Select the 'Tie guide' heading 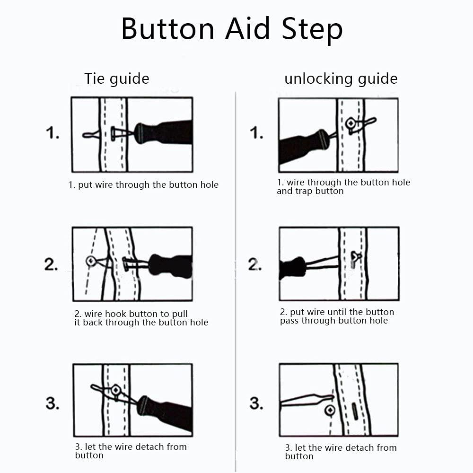point(116,79)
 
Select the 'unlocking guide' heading point(341,79)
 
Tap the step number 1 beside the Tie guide point(53,133)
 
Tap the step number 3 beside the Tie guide point(53,403)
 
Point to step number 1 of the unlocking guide point(256,133)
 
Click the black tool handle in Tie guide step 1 point(166,133)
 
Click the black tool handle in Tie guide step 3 point(166,412)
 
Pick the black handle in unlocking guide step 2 point(292,268)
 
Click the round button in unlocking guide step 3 point(330,410)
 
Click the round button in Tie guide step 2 point(91,261)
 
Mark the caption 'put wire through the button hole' point(143,185)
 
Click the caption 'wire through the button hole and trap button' point(343,187)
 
